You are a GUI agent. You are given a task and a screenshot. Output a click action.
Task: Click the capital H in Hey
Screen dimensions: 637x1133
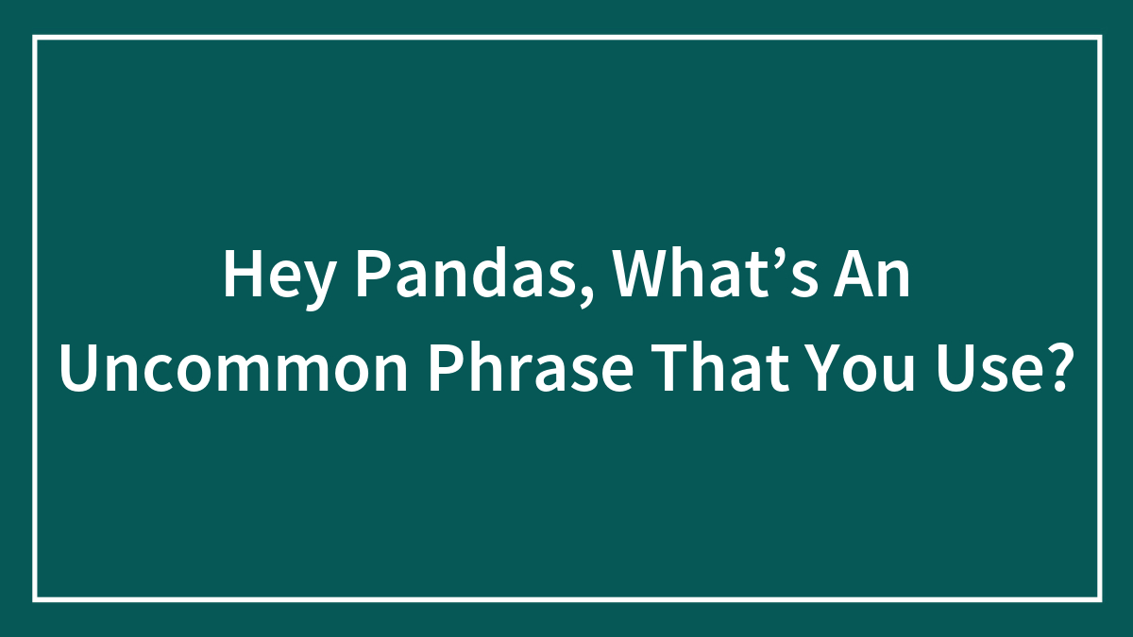(241, 275)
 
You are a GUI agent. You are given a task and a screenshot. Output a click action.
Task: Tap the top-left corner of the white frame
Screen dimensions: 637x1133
(35, 38)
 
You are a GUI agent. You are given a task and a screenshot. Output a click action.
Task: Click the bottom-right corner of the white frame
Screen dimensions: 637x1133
(1099, 598)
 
